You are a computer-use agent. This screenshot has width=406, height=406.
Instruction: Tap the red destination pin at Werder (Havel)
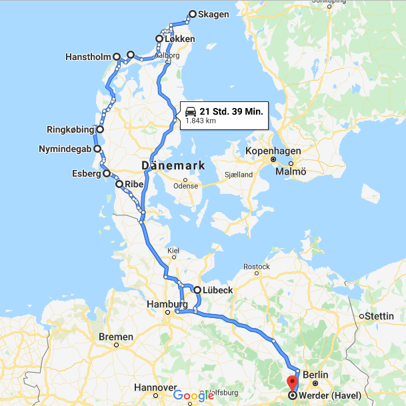pos(292,384)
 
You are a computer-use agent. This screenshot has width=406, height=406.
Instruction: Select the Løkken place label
pos(181,39)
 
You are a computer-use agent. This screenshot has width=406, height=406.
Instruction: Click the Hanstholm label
pos(88,57)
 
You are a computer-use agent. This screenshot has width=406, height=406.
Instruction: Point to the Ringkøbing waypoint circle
pos(100,129)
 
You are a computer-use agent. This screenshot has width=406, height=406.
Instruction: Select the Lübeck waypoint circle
pos(197,290)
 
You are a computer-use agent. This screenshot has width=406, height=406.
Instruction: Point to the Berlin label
pos(315,375)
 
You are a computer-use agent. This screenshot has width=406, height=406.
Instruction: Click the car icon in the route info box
pos(190,111)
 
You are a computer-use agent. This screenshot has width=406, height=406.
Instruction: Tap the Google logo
pos(193,395)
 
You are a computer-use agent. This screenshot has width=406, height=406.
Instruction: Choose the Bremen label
pos(116,337)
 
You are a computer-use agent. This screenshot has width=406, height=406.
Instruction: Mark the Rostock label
pos(256,267)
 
